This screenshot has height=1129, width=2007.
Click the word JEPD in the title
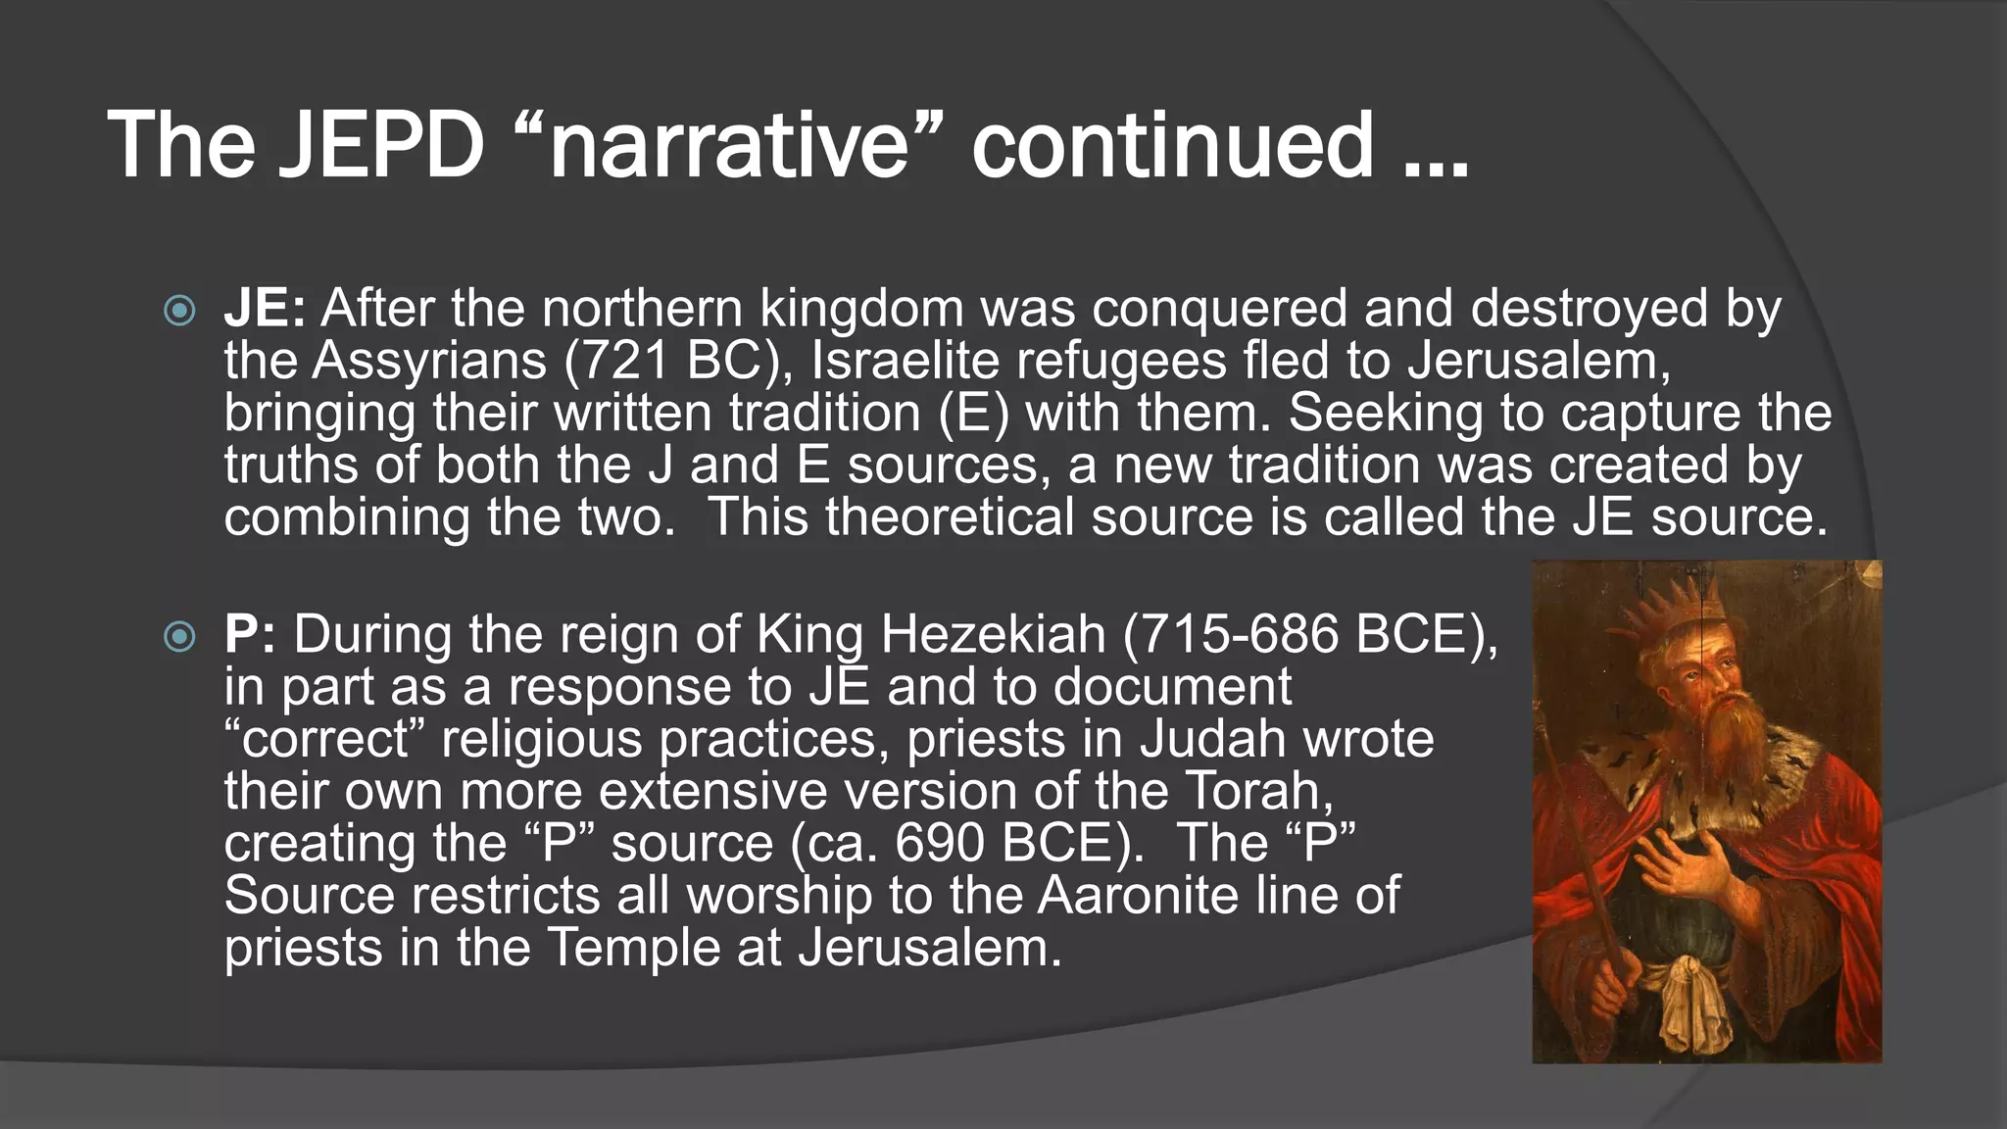pos(381,145)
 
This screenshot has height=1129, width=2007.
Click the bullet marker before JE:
pos(179,312)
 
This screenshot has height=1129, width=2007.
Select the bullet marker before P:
pos(179,638)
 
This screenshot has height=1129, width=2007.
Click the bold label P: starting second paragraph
pos(250,635)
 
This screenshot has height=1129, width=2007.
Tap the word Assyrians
pos(429,361)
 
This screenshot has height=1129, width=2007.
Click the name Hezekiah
pos(993,635)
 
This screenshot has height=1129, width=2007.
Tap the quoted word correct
pos(326,739)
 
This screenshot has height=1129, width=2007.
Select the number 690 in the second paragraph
pos(935,843)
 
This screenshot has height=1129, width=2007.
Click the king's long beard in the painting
pos(1729,745)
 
